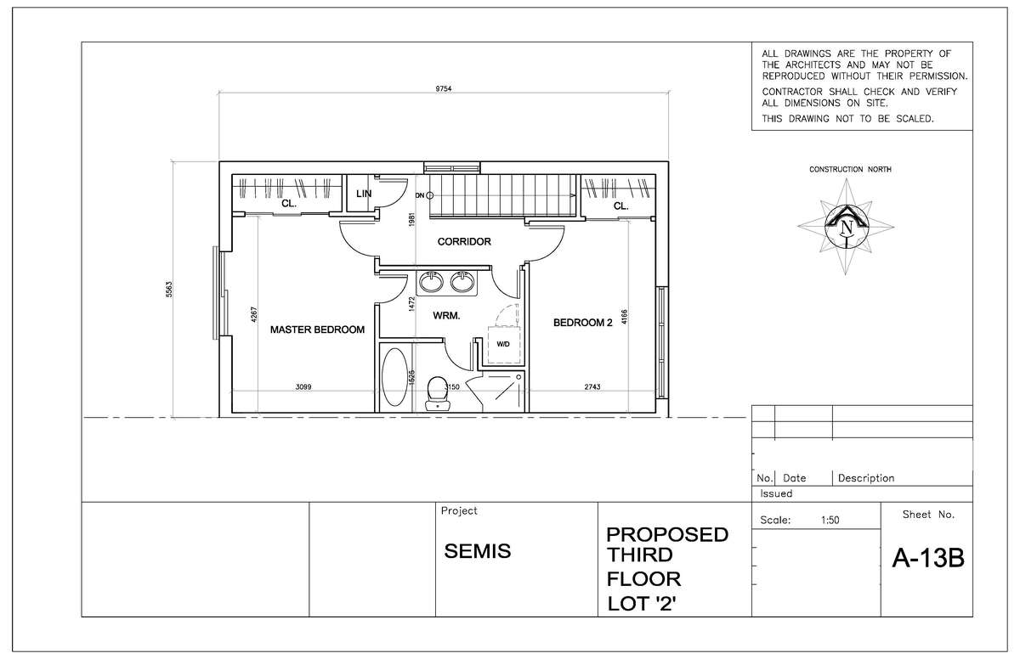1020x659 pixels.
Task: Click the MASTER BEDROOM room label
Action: pos(317,329)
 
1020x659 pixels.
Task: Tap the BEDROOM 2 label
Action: pos(583,323)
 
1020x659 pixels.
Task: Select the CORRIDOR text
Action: pos(464,241)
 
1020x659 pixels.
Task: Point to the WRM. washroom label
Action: pos(446,316)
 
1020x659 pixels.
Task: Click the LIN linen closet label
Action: pos(364,194)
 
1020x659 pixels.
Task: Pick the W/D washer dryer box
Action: pos(504,345)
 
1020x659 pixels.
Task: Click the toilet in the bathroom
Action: pos(438,394)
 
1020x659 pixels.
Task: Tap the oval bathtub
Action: pos(394,377)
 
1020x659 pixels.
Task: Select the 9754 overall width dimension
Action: pos(443,88)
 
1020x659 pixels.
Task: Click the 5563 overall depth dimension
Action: pos(169,290)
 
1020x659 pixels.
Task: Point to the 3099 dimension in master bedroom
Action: pos(303,387)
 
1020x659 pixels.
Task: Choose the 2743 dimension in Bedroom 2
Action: pos(592,387)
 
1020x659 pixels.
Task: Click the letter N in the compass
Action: pos(847,227)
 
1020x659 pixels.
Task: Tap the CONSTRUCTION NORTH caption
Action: pos(850,169)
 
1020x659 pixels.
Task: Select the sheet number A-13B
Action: pos(928,558)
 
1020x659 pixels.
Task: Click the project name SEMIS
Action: pos(477,551)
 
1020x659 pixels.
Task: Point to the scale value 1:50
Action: pos(830,521)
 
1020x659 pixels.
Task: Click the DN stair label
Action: pos(419,195)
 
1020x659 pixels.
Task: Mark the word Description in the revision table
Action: pos(866,478)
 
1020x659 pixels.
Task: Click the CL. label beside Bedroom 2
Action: pos(621,206)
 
